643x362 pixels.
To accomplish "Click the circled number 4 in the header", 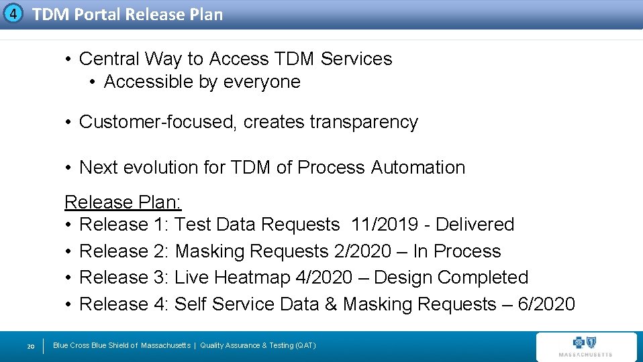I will click(x=13, y=13).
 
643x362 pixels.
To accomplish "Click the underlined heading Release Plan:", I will click(x=123, y=202).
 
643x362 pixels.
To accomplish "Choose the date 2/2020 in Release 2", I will click(x=362, y=251).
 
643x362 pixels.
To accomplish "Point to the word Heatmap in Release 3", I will click(x=251, y=278).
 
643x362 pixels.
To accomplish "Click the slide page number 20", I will click(x=30, y=346).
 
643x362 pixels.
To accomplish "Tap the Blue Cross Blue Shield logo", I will click(x=585, y=346).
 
